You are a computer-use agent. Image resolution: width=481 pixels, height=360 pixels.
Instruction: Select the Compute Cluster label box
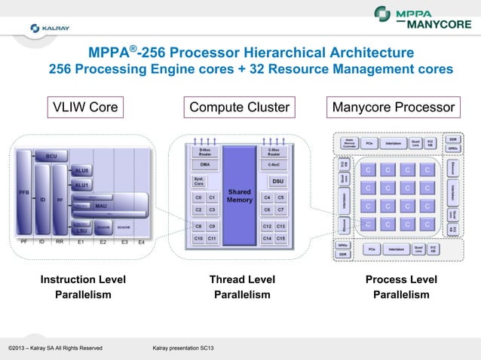239,108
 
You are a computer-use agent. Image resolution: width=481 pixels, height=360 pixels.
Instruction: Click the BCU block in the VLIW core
51,156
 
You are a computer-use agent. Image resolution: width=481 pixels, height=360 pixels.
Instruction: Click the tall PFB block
24,191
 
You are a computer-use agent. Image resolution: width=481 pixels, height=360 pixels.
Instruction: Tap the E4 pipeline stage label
140,242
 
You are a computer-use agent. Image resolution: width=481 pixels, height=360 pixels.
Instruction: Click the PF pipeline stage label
23,242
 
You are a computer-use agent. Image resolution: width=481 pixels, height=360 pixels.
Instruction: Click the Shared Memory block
239,196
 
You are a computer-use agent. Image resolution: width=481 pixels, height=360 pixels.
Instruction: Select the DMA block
204,163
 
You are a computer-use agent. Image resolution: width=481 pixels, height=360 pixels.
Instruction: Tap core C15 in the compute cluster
280,239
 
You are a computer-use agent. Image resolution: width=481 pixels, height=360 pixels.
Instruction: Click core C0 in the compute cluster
198,197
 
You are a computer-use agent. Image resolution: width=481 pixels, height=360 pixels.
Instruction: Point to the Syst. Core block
199,181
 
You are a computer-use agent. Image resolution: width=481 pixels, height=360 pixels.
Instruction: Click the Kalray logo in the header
51,28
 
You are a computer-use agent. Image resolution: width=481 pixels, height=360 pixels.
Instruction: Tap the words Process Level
401,280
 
